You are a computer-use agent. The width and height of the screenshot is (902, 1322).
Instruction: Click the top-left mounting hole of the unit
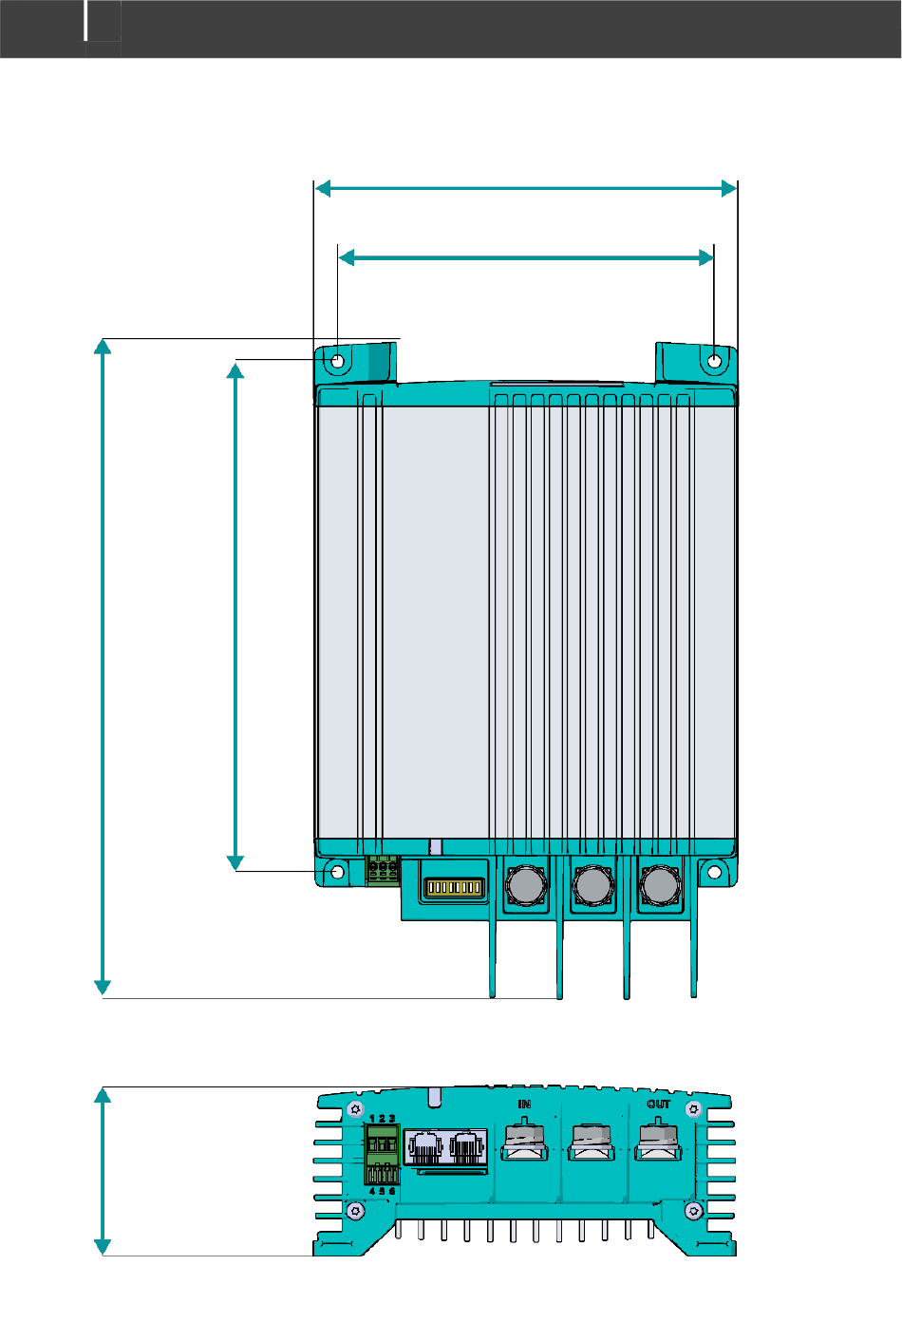click(x=338, y=361)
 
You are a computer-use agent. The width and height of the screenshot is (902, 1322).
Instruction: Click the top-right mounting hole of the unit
click(x=715, y=361)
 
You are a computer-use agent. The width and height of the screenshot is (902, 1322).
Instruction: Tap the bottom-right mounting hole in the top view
click(x=715, y=872)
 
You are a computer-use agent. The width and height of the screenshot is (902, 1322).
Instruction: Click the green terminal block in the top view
click(x=383, y=869)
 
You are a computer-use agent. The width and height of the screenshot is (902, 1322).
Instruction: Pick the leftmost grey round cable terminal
click(x=525, y=884)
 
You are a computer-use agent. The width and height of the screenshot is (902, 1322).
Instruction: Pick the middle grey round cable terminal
click(x=592, y=884)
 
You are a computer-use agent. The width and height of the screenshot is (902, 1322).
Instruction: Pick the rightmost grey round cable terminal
click(x=659, y=884)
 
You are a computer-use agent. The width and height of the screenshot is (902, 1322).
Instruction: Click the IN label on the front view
click(x=524, y=1105)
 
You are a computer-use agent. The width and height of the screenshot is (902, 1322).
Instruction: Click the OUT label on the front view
click(x=659, y=1105)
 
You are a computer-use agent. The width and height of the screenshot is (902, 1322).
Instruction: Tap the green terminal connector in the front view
click(x=382, y=1154)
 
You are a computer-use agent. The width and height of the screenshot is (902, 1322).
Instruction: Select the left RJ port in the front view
click(x=424, y=1147)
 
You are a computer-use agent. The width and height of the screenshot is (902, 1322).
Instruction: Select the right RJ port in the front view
click(x=467, y=1147)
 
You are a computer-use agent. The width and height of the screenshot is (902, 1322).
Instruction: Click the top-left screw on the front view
click(x=355, y=1108)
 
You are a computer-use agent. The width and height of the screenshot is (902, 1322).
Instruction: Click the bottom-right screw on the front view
click(x=694, y=1210)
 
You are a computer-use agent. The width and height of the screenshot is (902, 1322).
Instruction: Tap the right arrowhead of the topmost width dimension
click(x=729, y=189)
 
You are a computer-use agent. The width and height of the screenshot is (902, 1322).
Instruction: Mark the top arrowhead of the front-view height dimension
click(x=103, y=1096)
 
